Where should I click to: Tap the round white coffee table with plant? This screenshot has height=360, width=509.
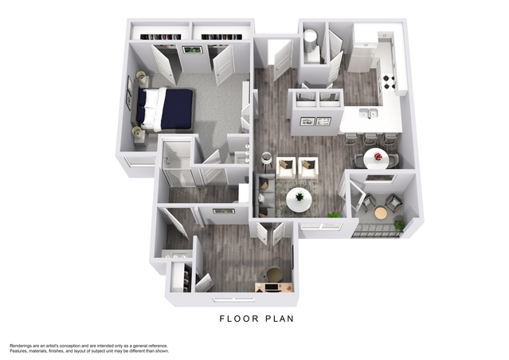[299, 200]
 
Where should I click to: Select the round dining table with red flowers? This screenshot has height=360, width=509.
[377, 158]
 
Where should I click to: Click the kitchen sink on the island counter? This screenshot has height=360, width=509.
[368, 113]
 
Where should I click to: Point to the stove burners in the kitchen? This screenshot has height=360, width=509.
[390, 82]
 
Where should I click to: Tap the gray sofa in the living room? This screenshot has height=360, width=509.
[264, 195]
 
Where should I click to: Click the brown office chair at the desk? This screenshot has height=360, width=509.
[275, 274]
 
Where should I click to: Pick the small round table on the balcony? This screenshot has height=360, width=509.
[381, 213]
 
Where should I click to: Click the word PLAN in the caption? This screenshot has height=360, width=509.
[280, 319]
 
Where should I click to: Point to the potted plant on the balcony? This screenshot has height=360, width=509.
[399, 225]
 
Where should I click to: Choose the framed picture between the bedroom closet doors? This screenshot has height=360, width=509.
[192, 49]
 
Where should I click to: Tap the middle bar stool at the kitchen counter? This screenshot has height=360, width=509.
[370, 139]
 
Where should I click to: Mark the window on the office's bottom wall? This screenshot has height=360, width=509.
[233, 299]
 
